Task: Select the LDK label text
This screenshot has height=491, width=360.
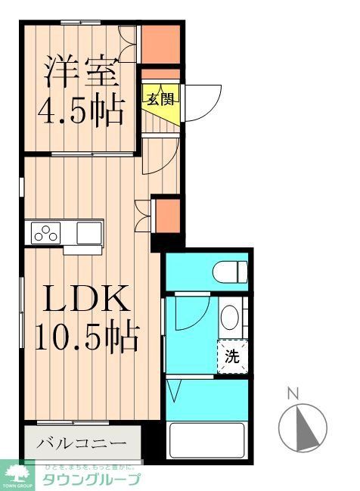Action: coord(84,300)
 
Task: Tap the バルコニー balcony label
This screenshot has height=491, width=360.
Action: coord(84,442)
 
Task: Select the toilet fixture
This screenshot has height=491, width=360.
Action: coord(229,270)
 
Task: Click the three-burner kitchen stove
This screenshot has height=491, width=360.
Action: coord(45,234)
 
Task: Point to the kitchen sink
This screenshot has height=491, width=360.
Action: coord(89,233)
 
